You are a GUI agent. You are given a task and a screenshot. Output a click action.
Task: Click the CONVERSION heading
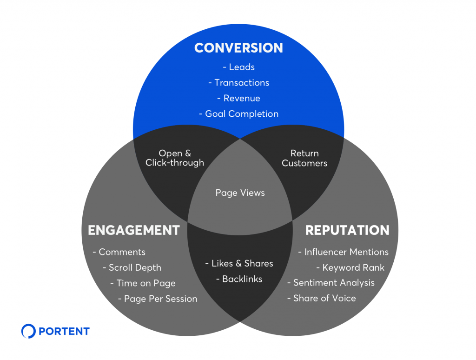[238, 48]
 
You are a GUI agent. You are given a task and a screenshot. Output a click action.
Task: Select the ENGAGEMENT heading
[133, 230]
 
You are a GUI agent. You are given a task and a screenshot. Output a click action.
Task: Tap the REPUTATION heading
[347, 230]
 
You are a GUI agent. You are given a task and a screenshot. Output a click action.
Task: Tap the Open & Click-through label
[174, 158]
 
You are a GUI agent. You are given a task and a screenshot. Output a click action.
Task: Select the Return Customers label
[304, 158]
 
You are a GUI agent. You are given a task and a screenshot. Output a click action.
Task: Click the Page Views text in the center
[240, 193]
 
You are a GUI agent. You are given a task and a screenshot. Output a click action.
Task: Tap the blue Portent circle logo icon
[28, 331]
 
